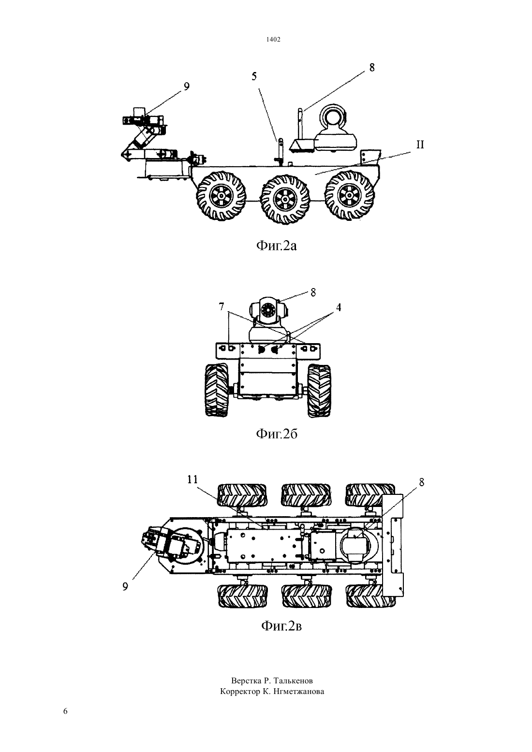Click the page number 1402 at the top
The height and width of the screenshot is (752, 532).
coord(273,39)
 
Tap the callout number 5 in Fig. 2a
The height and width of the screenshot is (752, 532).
coord(254,76)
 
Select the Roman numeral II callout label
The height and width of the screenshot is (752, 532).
coord(420,145)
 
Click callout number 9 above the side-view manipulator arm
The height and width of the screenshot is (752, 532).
coord(186,87)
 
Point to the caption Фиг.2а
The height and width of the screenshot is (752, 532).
coord(277,246)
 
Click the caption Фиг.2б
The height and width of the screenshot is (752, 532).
coord(277,434)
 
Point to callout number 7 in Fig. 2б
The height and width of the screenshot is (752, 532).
coord(221,306)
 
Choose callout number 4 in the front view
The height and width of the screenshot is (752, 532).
coord(339,307)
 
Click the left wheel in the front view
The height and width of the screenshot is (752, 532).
coord(217,391)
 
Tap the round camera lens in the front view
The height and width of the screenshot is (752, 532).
coord(268,309)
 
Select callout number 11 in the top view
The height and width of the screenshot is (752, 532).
coord(192,480)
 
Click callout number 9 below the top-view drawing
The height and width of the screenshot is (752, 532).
coord(125,585)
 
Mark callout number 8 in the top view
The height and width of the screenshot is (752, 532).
coord(422,482)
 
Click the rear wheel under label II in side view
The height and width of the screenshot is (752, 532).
coord(349,195)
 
